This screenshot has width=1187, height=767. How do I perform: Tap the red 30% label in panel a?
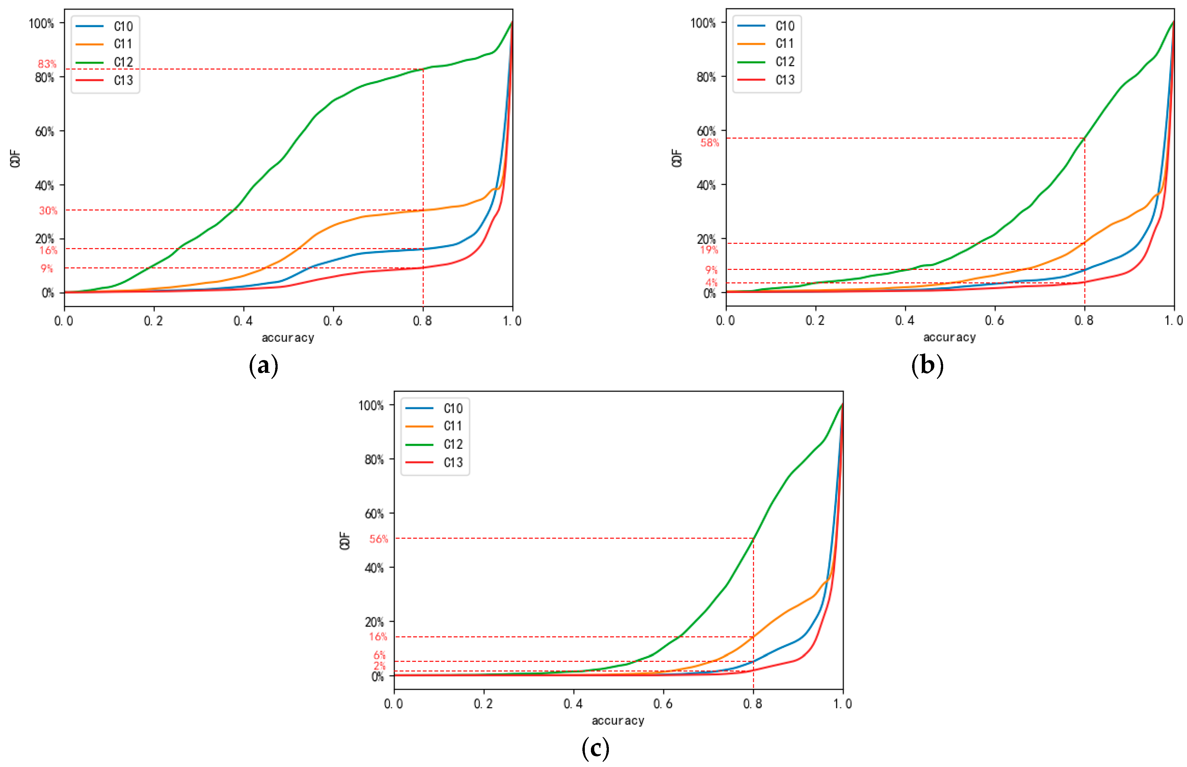(x=48, y=211)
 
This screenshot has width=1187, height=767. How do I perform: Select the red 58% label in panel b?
(x=710, y=143)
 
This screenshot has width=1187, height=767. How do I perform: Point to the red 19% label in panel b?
(x=709, y=250)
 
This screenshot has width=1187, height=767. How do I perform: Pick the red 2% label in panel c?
(x=380, y=666)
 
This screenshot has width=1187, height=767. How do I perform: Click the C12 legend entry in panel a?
(x=123, y=62)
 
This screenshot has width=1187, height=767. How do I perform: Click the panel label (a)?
(x=263, y=366)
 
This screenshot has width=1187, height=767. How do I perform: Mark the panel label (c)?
(x=595, y=748)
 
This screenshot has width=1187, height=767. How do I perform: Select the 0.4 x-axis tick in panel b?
(x=905, y=321)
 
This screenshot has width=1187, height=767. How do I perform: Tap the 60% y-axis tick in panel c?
(x=374, y=514)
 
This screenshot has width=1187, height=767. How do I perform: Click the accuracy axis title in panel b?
(x=950, y=338)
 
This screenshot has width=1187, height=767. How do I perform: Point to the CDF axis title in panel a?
(x=16, y=158)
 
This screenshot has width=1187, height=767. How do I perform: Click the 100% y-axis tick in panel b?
(x=703, y=23)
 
